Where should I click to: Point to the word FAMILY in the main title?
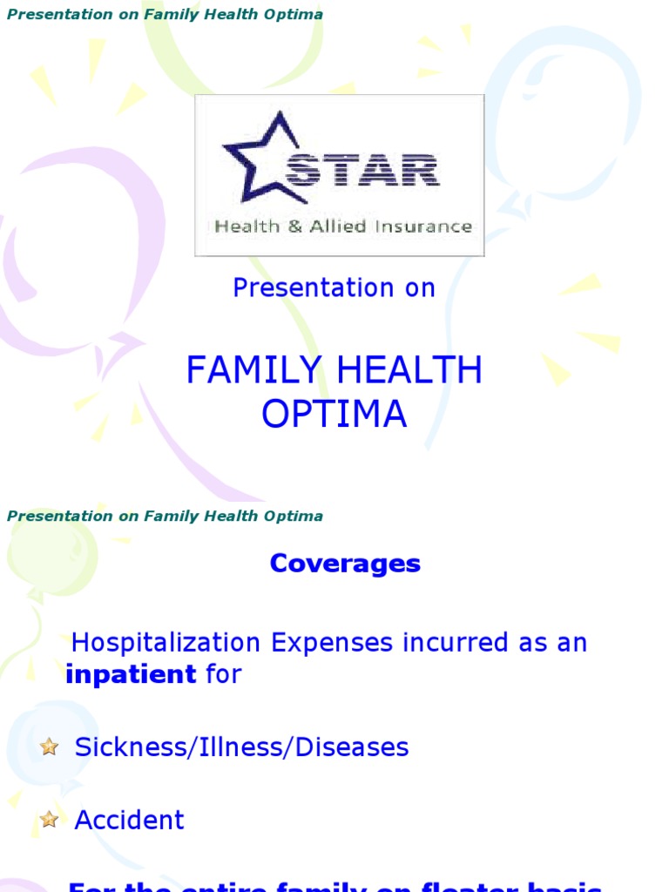pos(247,372)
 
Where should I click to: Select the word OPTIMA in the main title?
pos(334,415)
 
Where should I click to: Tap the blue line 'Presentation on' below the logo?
pos(334,288)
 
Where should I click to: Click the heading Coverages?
pos(345,564)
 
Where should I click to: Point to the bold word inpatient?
pos(131,674)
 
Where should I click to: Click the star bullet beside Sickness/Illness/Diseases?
pos(49,747)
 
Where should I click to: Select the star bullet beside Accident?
pos(49,819)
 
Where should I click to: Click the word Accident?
pos(130,821)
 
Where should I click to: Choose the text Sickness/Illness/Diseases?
pos(242,747)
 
